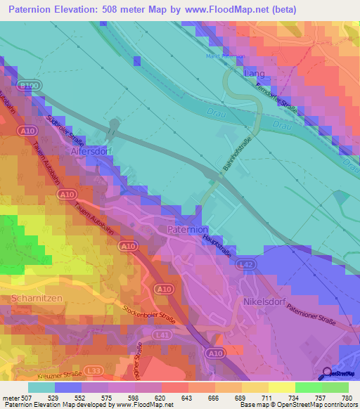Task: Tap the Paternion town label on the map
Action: [x=188, y=230]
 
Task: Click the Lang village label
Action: [x=253, y=73]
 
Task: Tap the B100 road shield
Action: [x=30, y=85]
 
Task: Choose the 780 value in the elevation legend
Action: [x=347, y=398]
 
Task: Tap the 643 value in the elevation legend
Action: [x=187, y=398]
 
